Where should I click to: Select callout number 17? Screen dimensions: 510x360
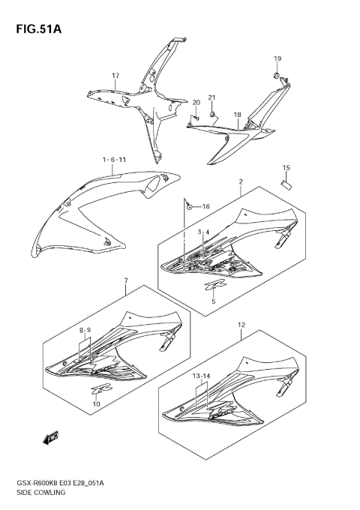(x=116, y=76)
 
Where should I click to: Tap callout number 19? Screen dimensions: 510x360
(x=277, y=58)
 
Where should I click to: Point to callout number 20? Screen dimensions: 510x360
(x=196, y=102)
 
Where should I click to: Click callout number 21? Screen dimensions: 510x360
(x=211, y=98)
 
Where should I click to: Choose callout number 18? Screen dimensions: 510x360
(x=237, y=115)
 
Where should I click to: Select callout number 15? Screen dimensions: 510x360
(x=286, y=167)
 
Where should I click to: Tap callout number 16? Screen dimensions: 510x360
(x=205, y=206)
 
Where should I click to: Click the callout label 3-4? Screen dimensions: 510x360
(x=203, y=232)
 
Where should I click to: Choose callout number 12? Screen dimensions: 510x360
(x=241, y=325)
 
